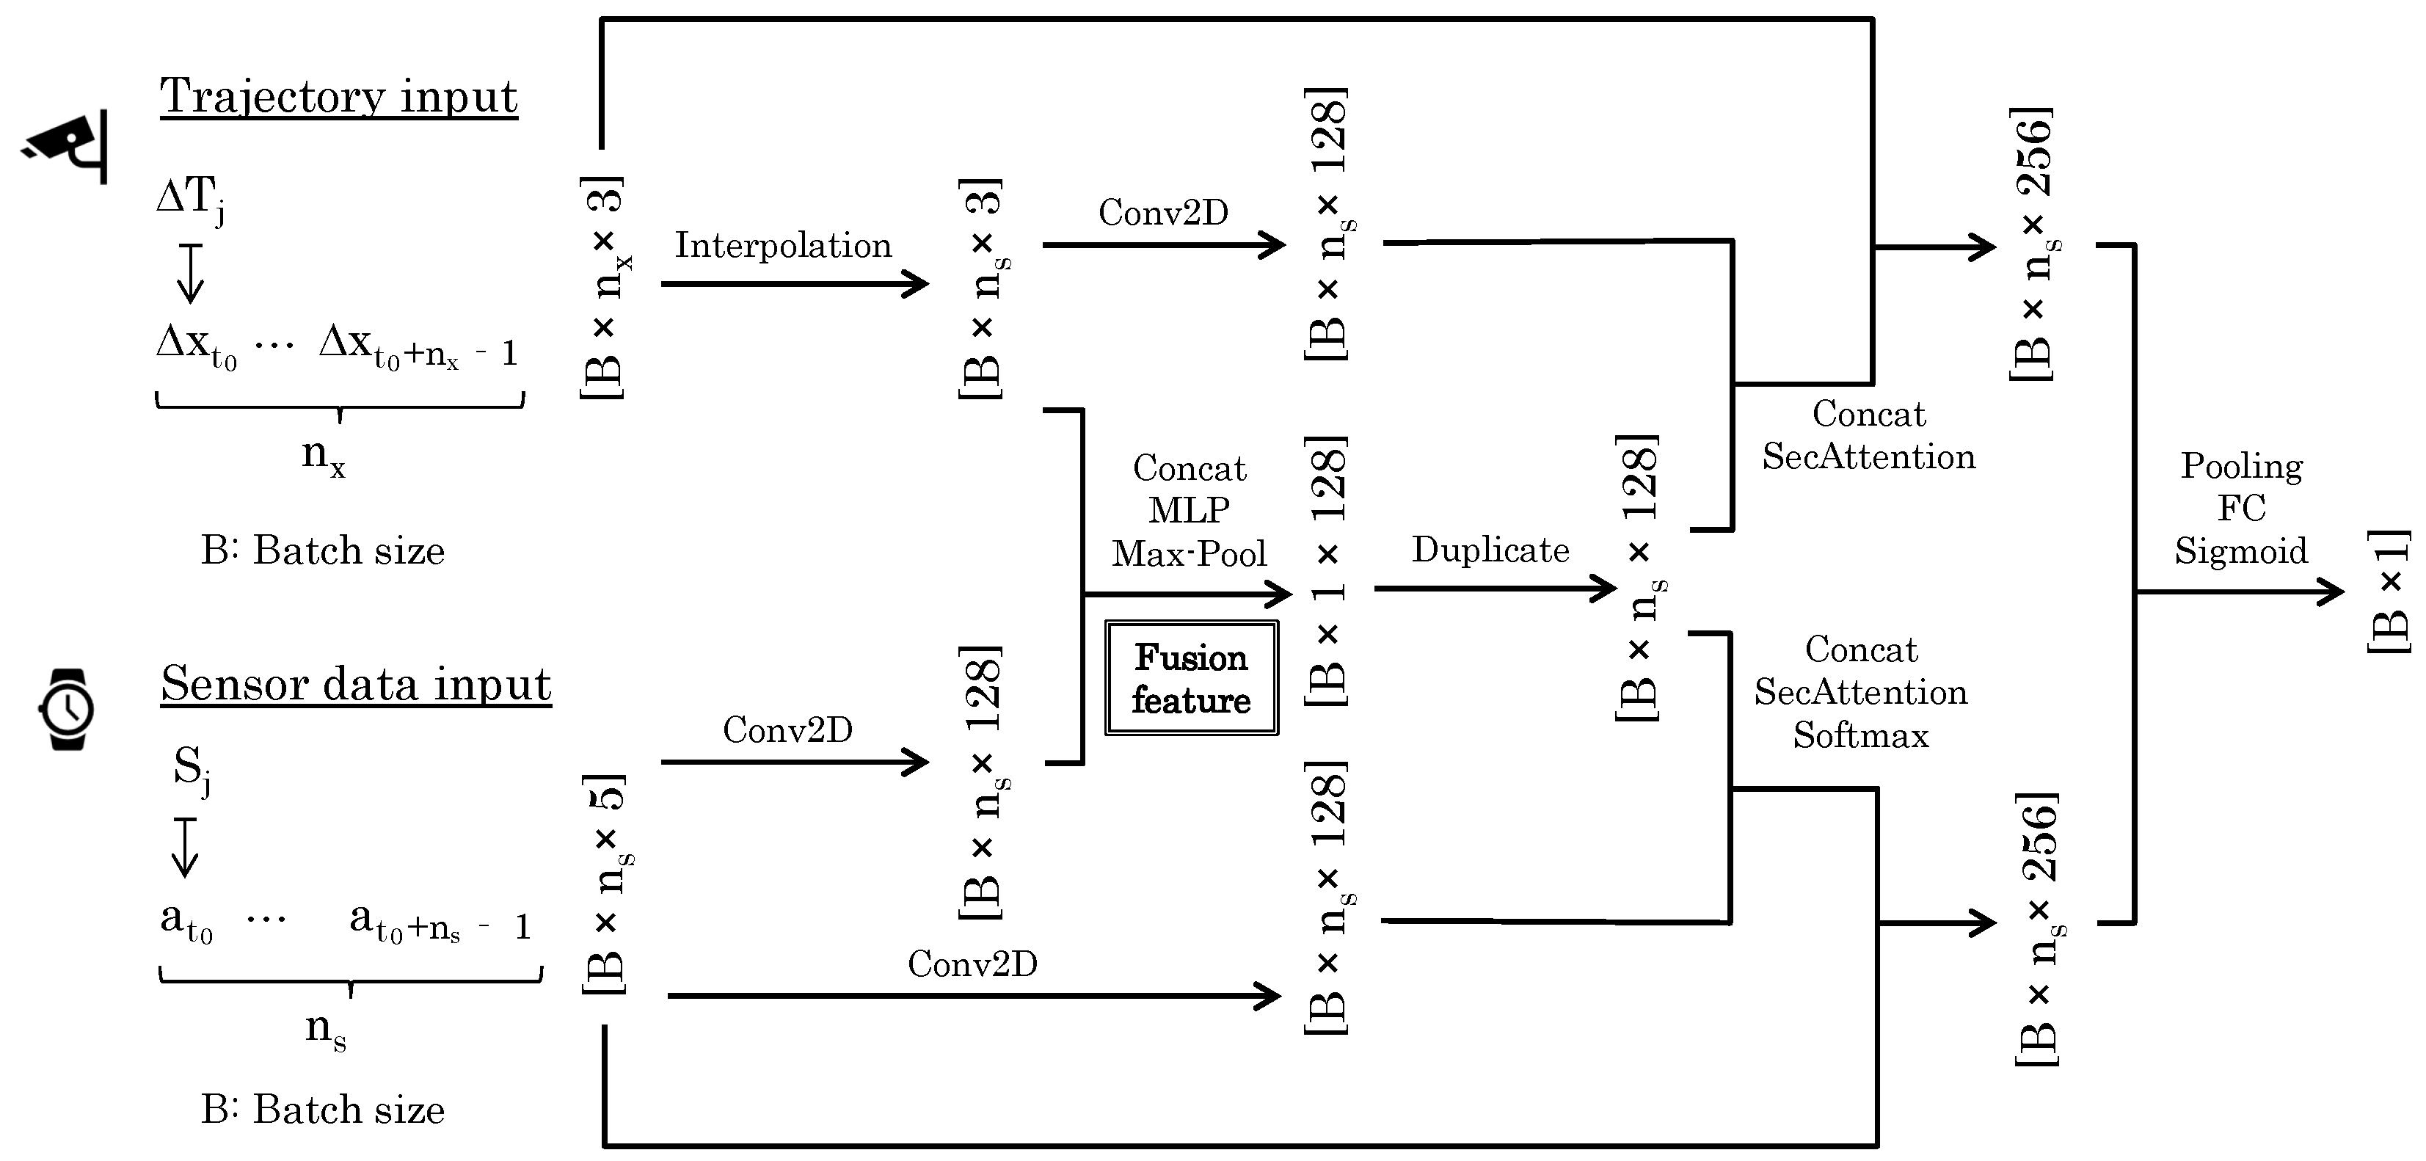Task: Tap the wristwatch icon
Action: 67,709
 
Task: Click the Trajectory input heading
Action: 338,96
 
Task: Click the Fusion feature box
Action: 1190,678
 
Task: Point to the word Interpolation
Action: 782,245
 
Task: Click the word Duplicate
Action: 1490,550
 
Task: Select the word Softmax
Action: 1860,735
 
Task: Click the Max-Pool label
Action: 1189,553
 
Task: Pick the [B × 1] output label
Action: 2389,592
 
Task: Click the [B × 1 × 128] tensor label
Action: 1327,571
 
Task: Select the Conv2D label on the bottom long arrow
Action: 972,964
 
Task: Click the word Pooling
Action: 2241,466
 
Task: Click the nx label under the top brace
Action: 323,455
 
